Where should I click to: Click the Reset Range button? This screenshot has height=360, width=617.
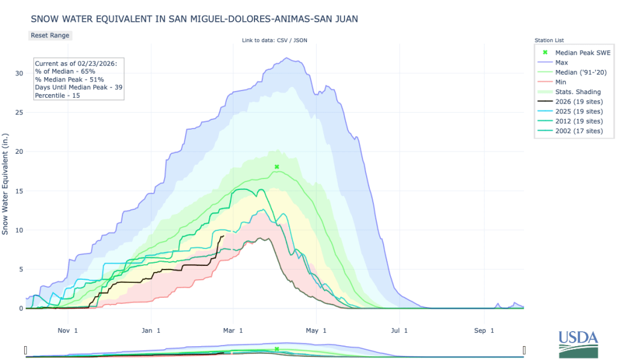[50, 35]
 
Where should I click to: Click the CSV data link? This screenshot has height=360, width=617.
[284, 40]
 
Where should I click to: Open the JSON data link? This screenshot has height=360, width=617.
[302, 40]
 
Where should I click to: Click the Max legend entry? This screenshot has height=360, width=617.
[562, 62]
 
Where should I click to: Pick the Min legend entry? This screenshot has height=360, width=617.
[561, 82]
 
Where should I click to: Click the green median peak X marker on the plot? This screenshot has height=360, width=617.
[277, 167]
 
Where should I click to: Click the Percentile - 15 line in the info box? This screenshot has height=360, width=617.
[56, 95]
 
